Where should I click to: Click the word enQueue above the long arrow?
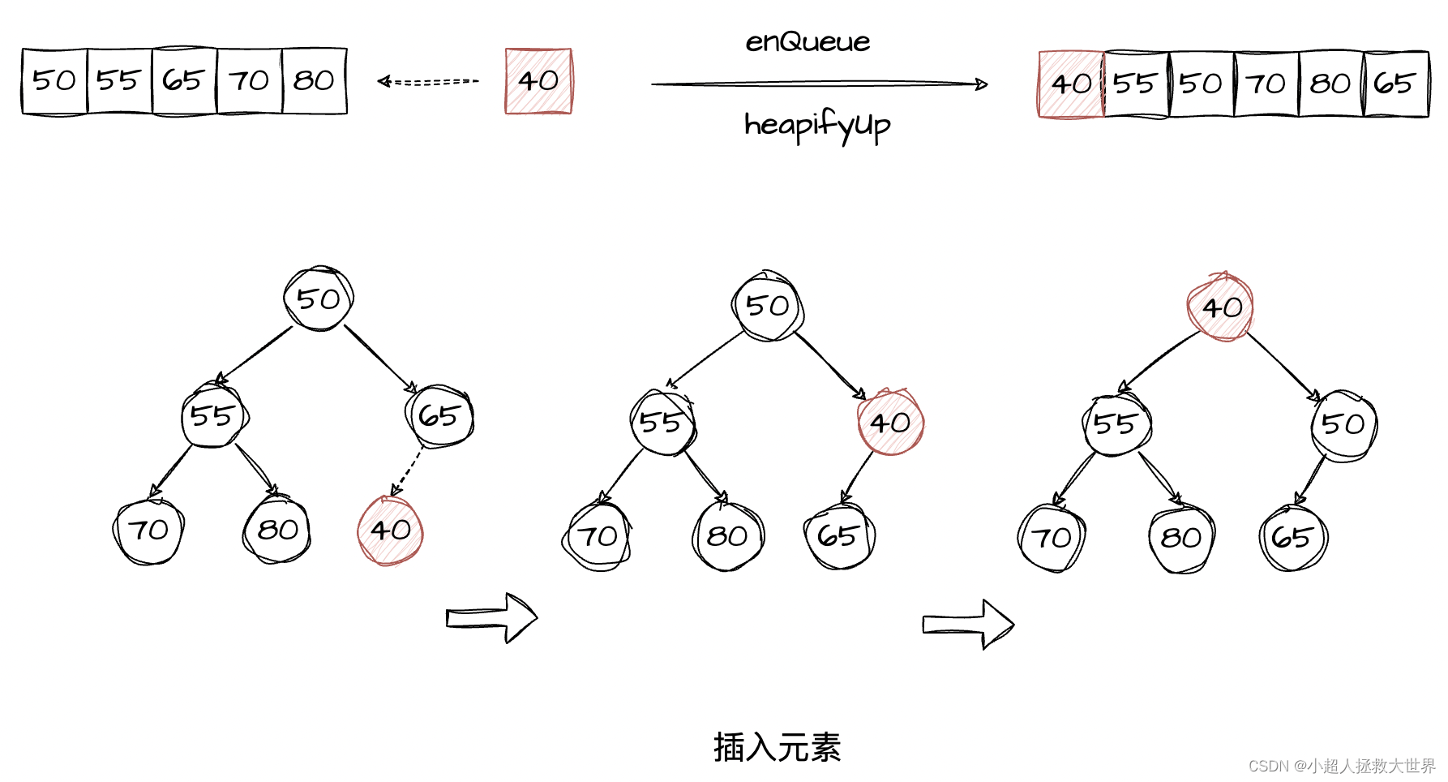(x=808, y=41)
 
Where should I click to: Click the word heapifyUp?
(x=816, y=126)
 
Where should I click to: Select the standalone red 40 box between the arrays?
(x=538, y=81)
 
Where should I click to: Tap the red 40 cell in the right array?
(x=1071, y=84)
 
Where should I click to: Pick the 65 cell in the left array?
(x=184, y=80)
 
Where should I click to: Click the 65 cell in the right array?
(x=1395, y=84)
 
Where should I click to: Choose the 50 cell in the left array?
(x=54, y=80)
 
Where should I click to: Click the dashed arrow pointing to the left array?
(x=429, y=81)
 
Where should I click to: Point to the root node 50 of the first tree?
(x=319, y=299)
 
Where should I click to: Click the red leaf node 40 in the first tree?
(x=390, y=531)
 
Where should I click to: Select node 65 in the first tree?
(x=439, y=416)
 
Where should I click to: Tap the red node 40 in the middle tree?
(x=890, y=423)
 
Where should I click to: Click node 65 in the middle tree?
(x=838, y=536)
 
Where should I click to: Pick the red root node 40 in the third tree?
(x=1221, y=307)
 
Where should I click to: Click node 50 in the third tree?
(x=1343, y=424)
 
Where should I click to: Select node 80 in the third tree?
(x=1181, y=538)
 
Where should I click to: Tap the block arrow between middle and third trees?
(x=968, y=624)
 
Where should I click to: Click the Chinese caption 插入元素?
(x=777, y=747)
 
